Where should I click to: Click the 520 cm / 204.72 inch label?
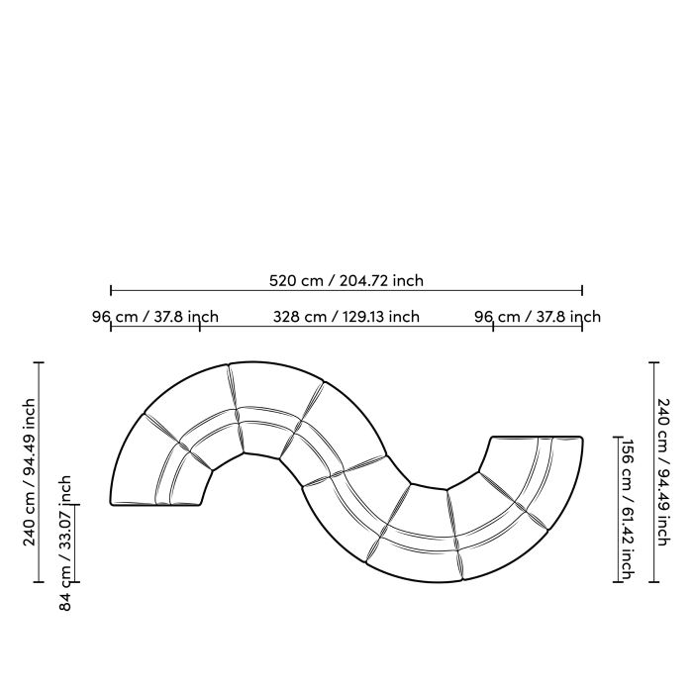tap(346, 280)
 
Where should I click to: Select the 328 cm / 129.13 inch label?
tap(346, 317)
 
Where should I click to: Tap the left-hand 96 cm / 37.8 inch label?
tap(155, 317)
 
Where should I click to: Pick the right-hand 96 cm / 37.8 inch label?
tap(538, 317)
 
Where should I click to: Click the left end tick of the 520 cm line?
tap(111, 291)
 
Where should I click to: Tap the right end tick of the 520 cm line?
tap(582, 291)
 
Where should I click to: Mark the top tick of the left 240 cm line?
tap(40, 363)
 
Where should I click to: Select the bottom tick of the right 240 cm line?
tap(653, 582)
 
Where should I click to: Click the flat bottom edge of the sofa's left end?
tap(155, 506)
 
